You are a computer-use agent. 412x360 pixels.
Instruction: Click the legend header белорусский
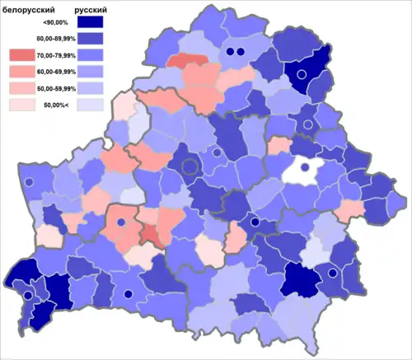pyautogui.click(x=30, y=12)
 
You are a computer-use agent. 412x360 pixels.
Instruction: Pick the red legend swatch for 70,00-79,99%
pyautogui.click(x=22, y=55)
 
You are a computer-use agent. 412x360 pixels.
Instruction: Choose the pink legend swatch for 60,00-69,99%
pyautogui.click(x=22, y=72)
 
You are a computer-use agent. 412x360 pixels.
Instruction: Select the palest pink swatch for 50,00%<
pyautogui.click(x=22, y=105)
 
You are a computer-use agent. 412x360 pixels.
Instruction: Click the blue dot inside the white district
pyautogui.click(x=305, y=167)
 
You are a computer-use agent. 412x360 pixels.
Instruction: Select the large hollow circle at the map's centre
pyautogui.click(x=190, y=166)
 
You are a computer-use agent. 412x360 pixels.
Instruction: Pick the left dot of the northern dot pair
pyautogui.click(x=229, y=52)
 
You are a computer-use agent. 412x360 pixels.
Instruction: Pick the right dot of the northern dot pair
pyautogui.click(x=241, y=52)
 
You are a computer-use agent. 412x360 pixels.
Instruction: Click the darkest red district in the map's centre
pyautogui.click(x=151, y=237)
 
